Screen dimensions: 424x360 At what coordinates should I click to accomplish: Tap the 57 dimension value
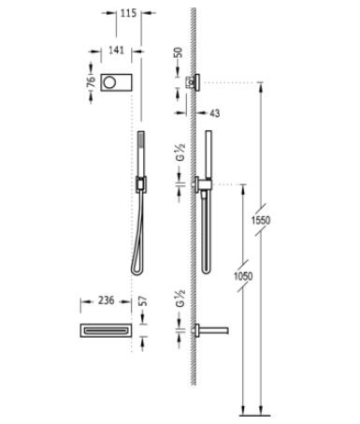(x=142, y=301)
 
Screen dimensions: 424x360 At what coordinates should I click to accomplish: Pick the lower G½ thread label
(x=178, y=302)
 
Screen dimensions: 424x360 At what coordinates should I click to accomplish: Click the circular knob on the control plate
(x=115, y=83)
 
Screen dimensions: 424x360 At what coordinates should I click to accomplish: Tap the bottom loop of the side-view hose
(x=206, y=270)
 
